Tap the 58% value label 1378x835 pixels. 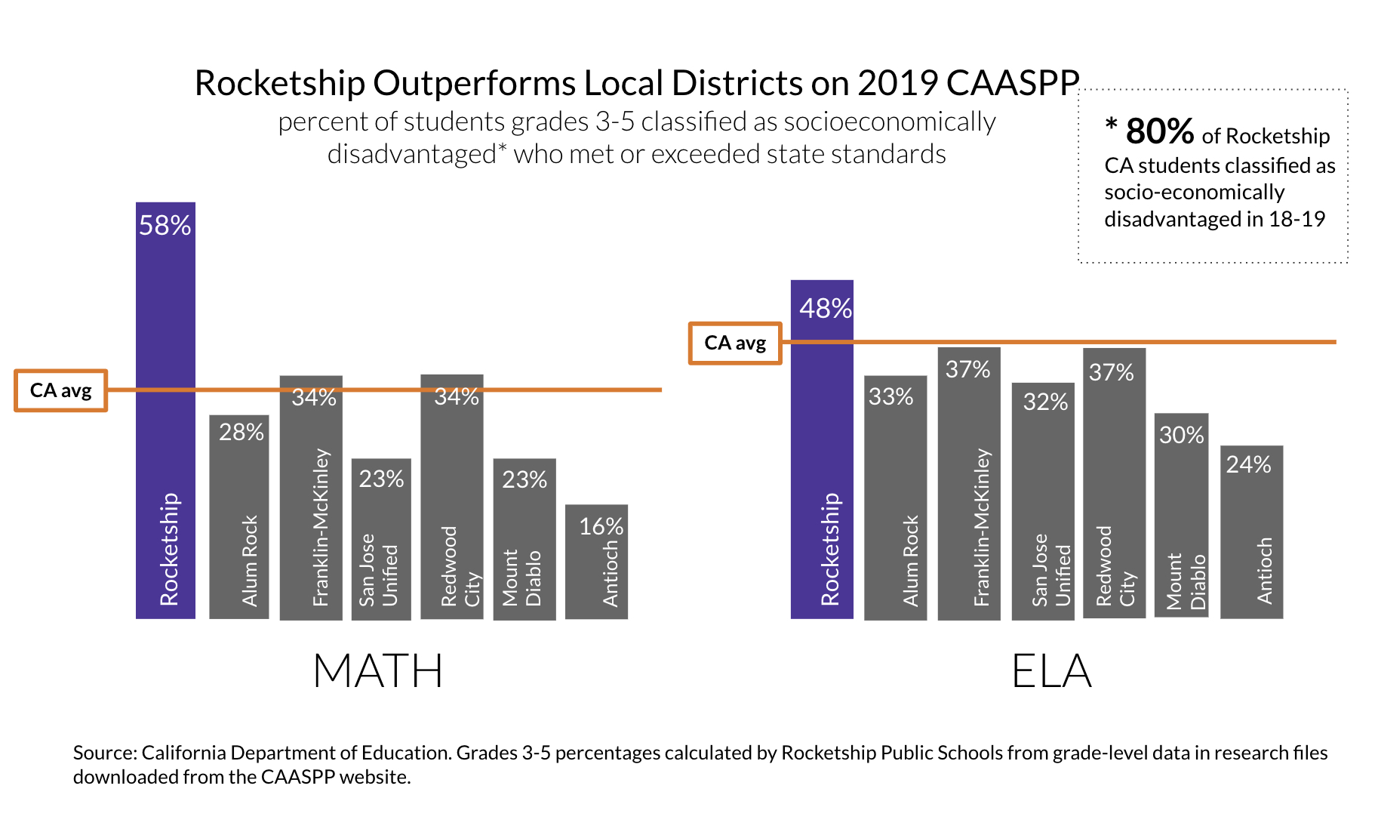pos(165,226)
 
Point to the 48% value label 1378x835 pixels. pos(826,309)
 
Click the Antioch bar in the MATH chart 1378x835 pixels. pos(596,574)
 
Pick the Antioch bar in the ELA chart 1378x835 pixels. pos(1251,544)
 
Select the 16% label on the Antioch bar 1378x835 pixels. pos(601,526)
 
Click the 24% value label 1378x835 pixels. pos(1248,464)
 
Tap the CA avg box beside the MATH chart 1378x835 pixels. pos(61,390)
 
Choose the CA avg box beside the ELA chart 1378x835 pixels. pos(735,344)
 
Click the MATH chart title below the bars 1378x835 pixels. pos(377,671)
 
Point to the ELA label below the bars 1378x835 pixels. pos(1051,671)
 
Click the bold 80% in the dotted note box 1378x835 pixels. pos(1159,131)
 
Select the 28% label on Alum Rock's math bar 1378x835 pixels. pos(241,432)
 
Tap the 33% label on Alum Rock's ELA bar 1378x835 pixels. pos(890,396)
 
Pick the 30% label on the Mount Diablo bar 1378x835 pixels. pos(1181,435)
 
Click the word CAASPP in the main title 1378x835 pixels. pos(1013,83)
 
